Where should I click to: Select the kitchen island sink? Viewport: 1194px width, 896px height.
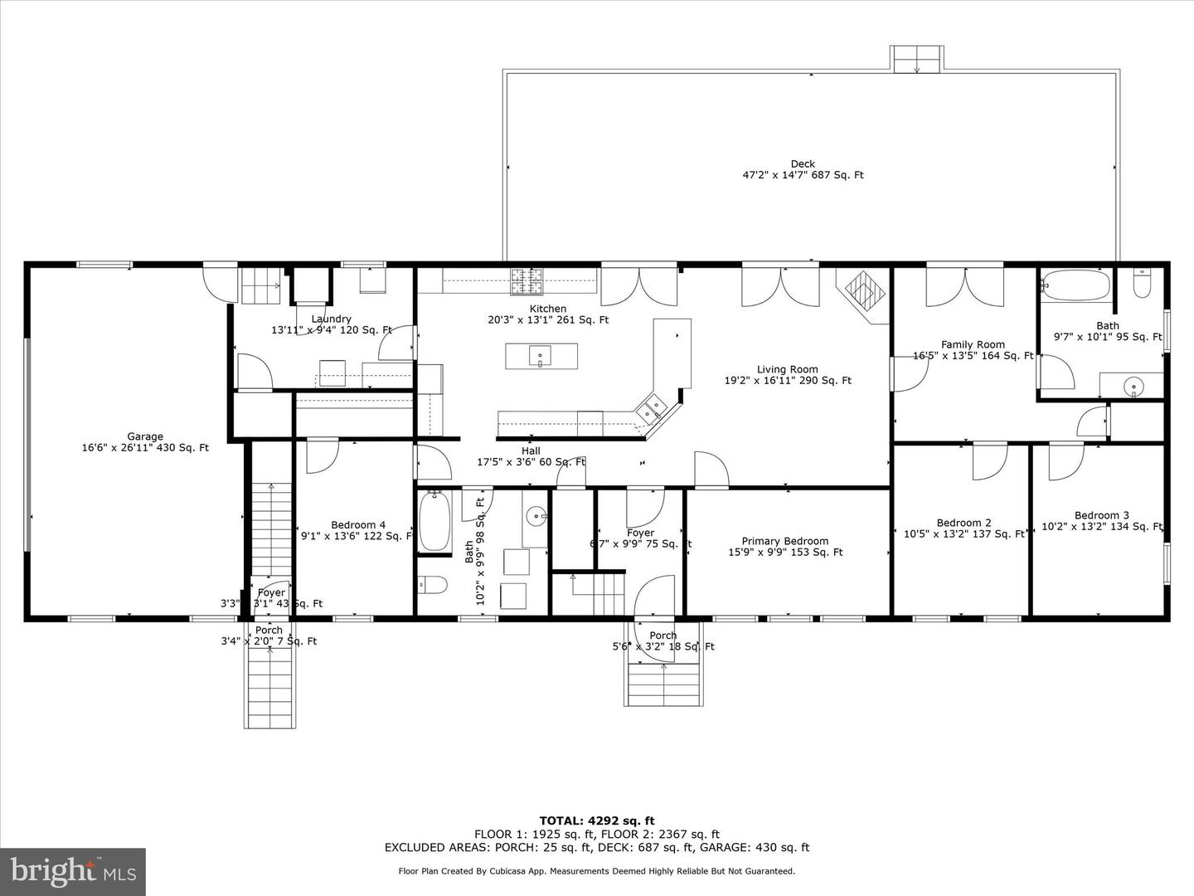click(x=540, y=357)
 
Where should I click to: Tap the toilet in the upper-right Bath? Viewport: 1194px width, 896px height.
click(x=1142, y=285)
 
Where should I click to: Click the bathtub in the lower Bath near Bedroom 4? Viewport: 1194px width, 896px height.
click(x=434, y=522)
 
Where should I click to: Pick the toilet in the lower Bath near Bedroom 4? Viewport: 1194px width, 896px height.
click(x=432, y=585)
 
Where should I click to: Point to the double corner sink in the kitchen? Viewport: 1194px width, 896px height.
click(x=650, y=407)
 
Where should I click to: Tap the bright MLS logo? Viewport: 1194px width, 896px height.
click(x=73, y=872)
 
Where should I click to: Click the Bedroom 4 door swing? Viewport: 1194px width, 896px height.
click(x=322, y=455)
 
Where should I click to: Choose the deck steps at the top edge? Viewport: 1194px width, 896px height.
click(x=917, y=59)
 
